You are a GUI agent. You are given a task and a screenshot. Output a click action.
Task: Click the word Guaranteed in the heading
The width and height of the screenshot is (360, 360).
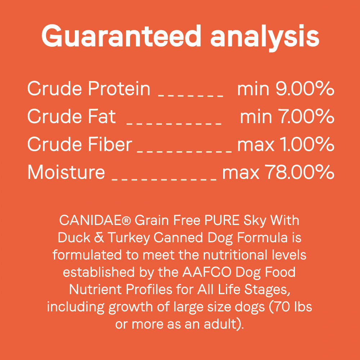(x=121, y=36)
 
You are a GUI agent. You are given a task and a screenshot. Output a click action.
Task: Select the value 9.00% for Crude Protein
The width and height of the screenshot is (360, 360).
(x=305, y=89)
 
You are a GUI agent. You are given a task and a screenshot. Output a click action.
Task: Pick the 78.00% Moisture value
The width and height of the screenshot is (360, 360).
(x=299, y=172)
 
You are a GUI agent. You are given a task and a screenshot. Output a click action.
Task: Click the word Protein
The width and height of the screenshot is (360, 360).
(x=119, y=89)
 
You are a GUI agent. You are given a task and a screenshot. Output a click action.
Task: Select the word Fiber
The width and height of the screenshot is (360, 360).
(x=110, y=144)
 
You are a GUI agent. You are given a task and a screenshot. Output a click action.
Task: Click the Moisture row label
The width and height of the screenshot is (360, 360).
(x=66, y=172)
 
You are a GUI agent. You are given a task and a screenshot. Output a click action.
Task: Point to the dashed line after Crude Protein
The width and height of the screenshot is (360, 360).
(x=190, y=95)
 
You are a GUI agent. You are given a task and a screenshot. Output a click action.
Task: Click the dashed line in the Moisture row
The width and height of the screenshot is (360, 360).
(x=164, y=179)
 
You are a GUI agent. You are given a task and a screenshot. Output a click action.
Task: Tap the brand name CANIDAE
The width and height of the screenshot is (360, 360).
(x=92, y=220)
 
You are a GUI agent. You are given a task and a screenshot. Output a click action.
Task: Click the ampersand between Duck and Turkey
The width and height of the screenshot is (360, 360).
(x=99, y=238)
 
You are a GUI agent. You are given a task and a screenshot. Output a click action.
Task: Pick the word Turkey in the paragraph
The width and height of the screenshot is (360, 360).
(x=129, y=238)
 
